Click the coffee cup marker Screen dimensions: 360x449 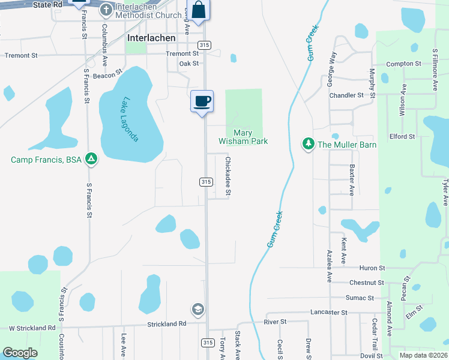click(202, 101)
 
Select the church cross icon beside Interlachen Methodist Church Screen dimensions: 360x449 click(106, 10)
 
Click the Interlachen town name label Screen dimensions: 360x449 click(152, 38)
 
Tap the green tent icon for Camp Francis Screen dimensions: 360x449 click(91, 159)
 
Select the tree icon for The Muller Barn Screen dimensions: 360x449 click(308, 144)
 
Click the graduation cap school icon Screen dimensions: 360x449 click(197, 310)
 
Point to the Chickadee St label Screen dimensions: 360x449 click(228, 176)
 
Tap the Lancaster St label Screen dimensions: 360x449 click(329, 313)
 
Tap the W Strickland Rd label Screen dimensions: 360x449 click(32, 328)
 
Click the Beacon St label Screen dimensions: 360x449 click(103, 76)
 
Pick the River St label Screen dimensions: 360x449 click(275, 322)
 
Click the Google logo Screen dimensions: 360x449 click(20, 353)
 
